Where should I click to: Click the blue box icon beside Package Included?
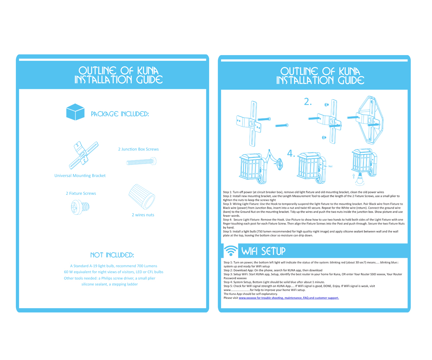point(75,112)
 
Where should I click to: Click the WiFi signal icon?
point(231,251)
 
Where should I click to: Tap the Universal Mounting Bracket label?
point(80,176)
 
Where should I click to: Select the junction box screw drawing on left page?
point(141,162)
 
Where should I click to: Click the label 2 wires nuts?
point(143,215)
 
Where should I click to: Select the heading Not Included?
point(112,255)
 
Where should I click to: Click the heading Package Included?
point(120,114)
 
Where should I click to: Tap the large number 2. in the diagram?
point(308,102)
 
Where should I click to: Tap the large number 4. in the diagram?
point(291,154)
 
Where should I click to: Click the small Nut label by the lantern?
point(330,166)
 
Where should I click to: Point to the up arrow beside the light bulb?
point(354,176)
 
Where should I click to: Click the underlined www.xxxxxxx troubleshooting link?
point(289,298)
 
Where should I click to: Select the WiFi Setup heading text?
point(264,251)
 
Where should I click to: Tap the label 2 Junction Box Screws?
point(138,149)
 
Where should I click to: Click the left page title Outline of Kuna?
point(118,70)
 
